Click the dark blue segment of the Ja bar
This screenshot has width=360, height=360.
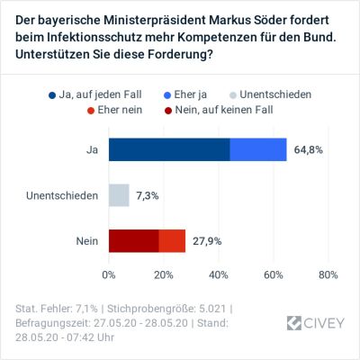click(x=169, y=149)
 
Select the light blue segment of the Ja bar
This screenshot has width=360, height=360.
click(x=258, y=149)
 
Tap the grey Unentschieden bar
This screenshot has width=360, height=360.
click(x=119, y=195)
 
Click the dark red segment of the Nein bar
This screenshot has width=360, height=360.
click(x=133, y=241)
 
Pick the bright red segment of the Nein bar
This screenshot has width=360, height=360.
click(x=172, y=241)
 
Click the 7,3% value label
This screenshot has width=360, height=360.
click(x=151, y=195)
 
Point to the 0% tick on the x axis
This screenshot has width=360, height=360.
click(x=109, y=274)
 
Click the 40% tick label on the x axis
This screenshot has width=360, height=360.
click(x=219, y=274)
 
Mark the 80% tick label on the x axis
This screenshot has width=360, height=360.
click(x=328, y=274)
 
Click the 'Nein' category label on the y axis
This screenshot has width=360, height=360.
click(x=86, y=241)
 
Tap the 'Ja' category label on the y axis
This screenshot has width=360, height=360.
click(x=91, y=149)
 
